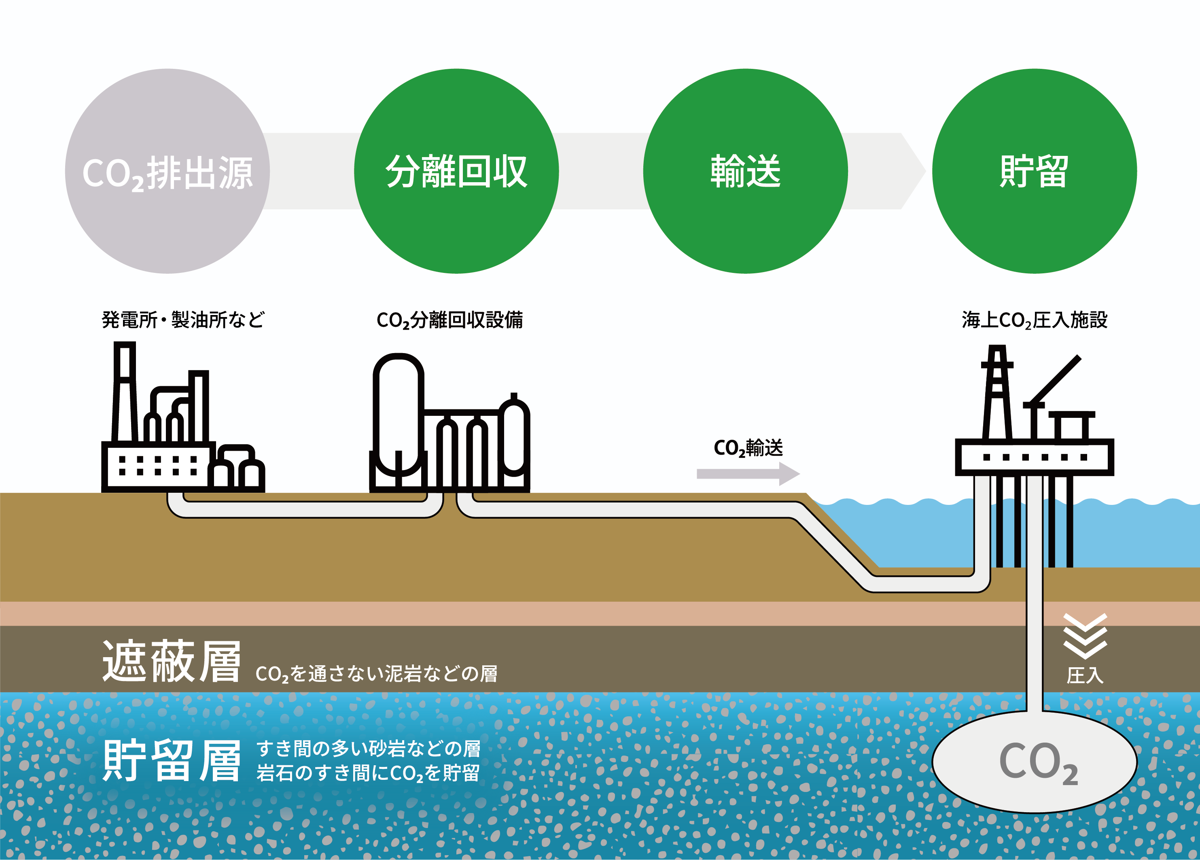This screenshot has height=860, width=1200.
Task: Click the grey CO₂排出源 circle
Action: [x=167, y=171]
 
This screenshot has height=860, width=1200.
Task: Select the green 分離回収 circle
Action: [x=456, y=171]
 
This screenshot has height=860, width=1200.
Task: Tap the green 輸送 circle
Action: [x=746, y=171]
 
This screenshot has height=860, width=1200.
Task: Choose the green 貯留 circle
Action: [x=1035, y=171]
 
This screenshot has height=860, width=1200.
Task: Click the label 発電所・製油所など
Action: [x=183, y=320]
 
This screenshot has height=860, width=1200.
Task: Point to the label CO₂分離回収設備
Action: [x=450, y=320]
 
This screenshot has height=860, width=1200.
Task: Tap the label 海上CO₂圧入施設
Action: [x=1035, y=320]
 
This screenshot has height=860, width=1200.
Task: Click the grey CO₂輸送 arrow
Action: [x=748, y=474]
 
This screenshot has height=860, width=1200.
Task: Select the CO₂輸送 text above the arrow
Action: [x=748, y=448]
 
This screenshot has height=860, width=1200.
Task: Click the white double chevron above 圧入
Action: [x=1085, y=636]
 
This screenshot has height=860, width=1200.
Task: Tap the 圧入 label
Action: [x=1085, y=676]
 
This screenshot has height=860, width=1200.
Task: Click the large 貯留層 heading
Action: [x=172, y=760]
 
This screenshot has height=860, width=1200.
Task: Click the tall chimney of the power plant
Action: [x=125, y=392]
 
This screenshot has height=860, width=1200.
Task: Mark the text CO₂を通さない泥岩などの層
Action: [x=376, y=674]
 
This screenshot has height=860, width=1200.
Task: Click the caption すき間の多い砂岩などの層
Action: [x=369, y=749]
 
